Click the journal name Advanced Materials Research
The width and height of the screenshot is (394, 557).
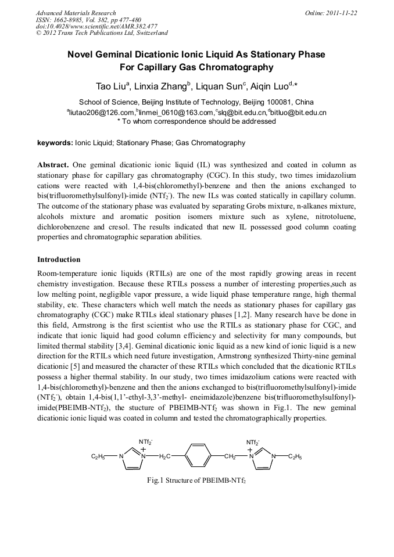coord(76,13)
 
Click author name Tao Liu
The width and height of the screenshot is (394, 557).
coord(112,87)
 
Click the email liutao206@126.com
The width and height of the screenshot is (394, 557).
coord(102,112)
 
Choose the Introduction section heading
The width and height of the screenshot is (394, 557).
coord(59,259)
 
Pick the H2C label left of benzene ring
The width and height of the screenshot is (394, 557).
coord(165,457)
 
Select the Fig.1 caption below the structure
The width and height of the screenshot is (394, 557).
coord(197,481)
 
